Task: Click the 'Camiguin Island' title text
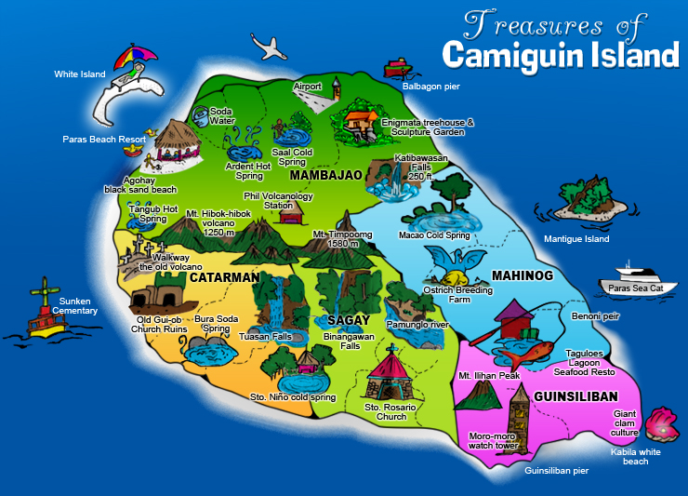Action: click(560, 54)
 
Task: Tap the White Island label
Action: click(80, 74)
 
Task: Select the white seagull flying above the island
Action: click(267, 46)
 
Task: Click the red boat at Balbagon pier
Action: click(397, 68)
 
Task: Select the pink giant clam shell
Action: click(662, 423)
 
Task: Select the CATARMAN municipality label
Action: click(223, 277)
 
